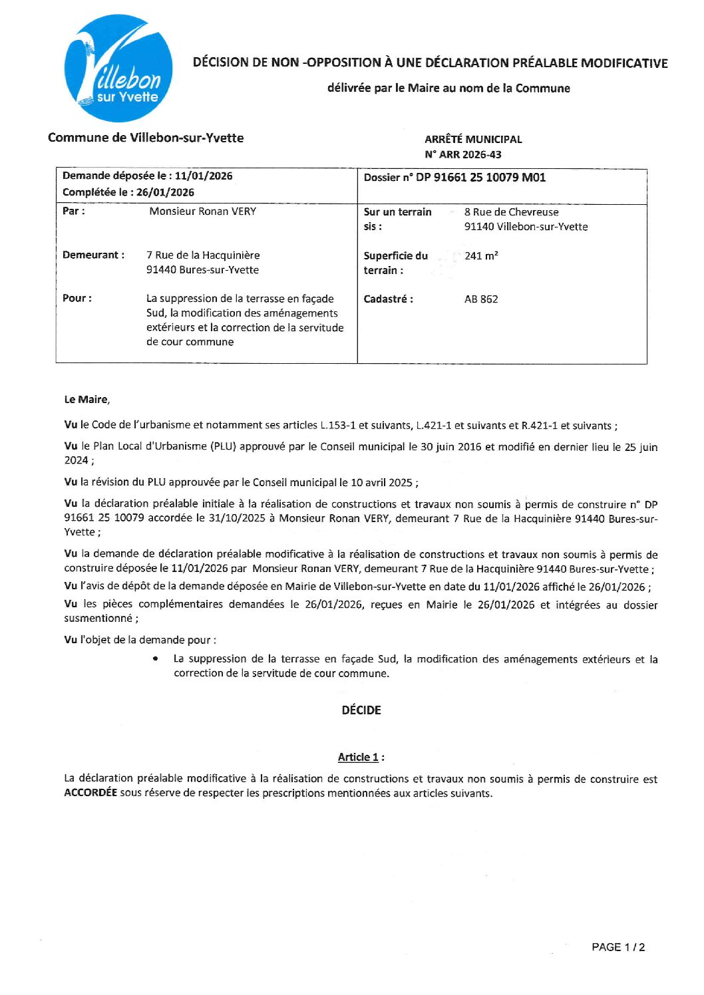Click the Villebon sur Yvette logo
[118, 69]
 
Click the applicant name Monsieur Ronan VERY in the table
[203, 212]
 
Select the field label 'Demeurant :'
[93, 255]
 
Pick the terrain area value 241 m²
[481, 255]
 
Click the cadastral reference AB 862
[481, 299]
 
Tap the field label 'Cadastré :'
[388, 299]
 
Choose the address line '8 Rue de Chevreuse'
[511, 212]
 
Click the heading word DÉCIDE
[361, 710]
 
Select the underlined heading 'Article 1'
[358, 757]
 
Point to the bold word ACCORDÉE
[90, 793]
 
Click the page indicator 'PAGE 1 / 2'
[618, 947]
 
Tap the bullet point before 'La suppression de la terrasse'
[155, 659]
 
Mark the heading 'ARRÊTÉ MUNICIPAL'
[473, 139]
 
